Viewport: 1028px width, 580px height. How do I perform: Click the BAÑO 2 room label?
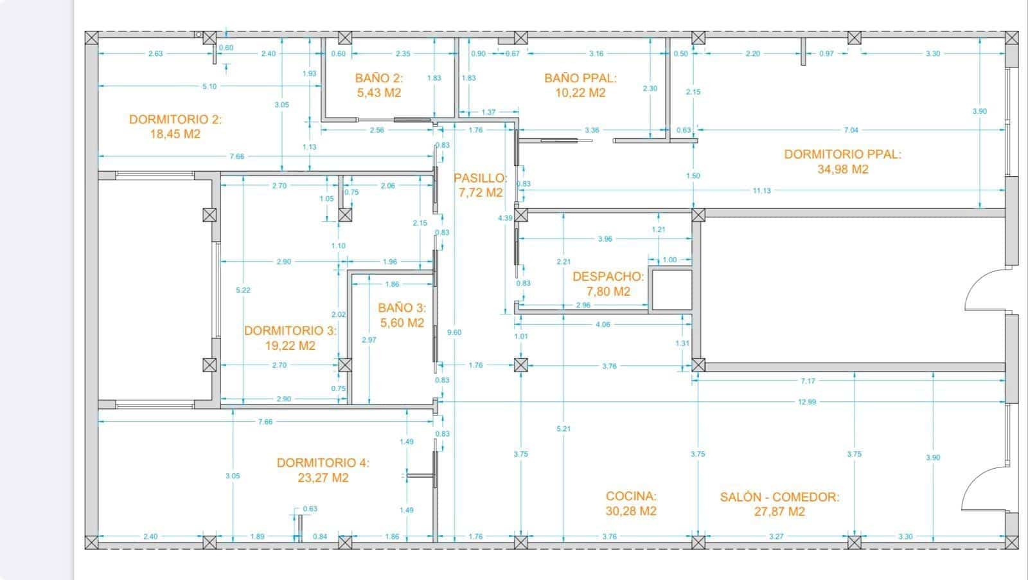(x=379, y=78)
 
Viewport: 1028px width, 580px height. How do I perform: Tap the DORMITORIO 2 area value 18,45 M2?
(x=175, y=134)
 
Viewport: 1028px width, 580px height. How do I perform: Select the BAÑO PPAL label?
(x=581, y=78)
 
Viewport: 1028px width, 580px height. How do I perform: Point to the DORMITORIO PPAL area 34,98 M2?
(x=842, y=170)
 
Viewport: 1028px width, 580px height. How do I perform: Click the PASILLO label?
(x=481, y=178)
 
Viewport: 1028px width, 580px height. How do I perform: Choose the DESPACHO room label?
(x=608, y=276)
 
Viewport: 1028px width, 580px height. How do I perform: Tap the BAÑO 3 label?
(x=402, y=307)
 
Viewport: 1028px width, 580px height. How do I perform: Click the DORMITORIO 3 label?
(x=290, y=331)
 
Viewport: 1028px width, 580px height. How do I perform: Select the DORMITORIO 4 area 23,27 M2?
(x=323, y=478)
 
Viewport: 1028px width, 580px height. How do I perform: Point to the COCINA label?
(x=631, y=496)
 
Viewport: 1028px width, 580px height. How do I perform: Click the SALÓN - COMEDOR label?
(x=779, y=497)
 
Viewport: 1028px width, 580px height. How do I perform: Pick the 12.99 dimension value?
(x=807, y=402)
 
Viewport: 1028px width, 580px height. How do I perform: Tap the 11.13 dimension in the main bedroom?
(x=762, y=190)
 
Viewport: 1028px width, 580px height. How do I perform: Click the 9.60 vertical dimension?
(x=454, y=332)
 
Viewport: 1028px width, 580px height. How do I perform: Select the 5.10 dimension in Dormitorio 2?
(x=209, y=86)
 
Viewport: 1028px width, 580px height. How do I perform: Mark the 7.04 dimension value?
(x=851, y=130)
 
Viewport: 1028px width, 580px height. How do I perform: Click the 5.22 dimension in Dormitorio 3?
(x=244, y=290)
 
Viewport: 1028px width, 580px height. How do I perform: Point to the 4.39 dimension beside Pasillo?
(x=505, y=218)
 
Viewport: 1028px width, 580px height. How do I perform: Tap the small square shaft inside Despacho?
(x=672, y=290)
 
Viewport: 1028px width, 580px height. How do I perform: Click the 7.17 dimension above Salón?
(x=808, y=381)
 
